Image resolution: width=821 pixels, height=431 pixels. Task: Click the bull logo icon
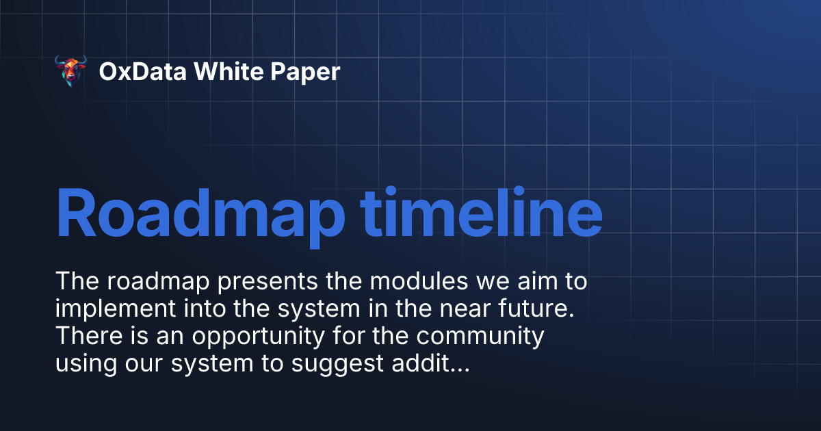point(70,71)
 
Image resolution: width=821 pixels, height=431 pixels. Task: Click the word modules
point(405,282)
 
